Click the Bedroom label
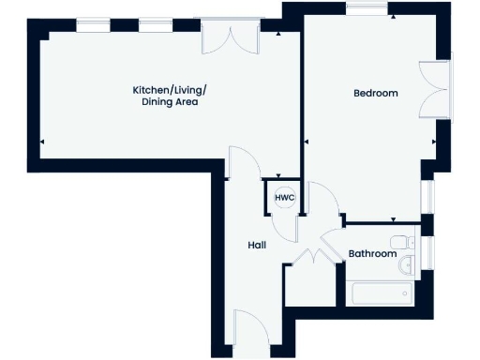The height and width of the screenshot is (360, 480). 375,93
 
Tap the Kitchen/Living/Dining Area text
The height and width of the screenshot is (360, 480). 169,96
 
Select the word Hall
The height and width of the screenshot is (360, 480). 257,245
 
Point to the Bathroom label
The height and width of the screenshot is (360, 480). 372,254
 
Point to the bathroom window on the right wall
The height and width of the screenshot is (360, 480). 427,253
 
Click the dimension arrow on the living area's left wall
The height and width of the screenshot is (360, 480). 42,142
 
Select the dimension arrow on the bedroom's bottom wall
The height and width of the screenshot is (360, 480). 392,219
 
